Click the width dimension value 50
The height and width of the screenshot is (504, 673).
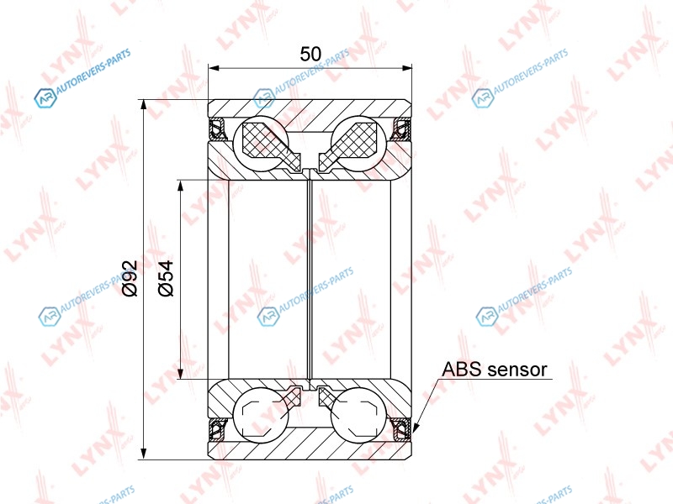coord(310,54)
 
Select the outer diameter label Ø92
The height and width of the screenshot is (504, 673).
coord(130,278)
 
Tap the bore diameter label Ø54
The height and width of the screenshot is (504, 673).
coord(166,278)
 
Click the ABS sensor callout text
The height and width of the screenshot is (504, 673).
coord(495,369)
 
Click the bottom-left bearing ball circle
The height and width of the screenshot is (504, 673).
coord(261,414)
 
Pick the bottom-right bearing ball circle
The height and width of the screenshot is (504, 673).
coord(359,414)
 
